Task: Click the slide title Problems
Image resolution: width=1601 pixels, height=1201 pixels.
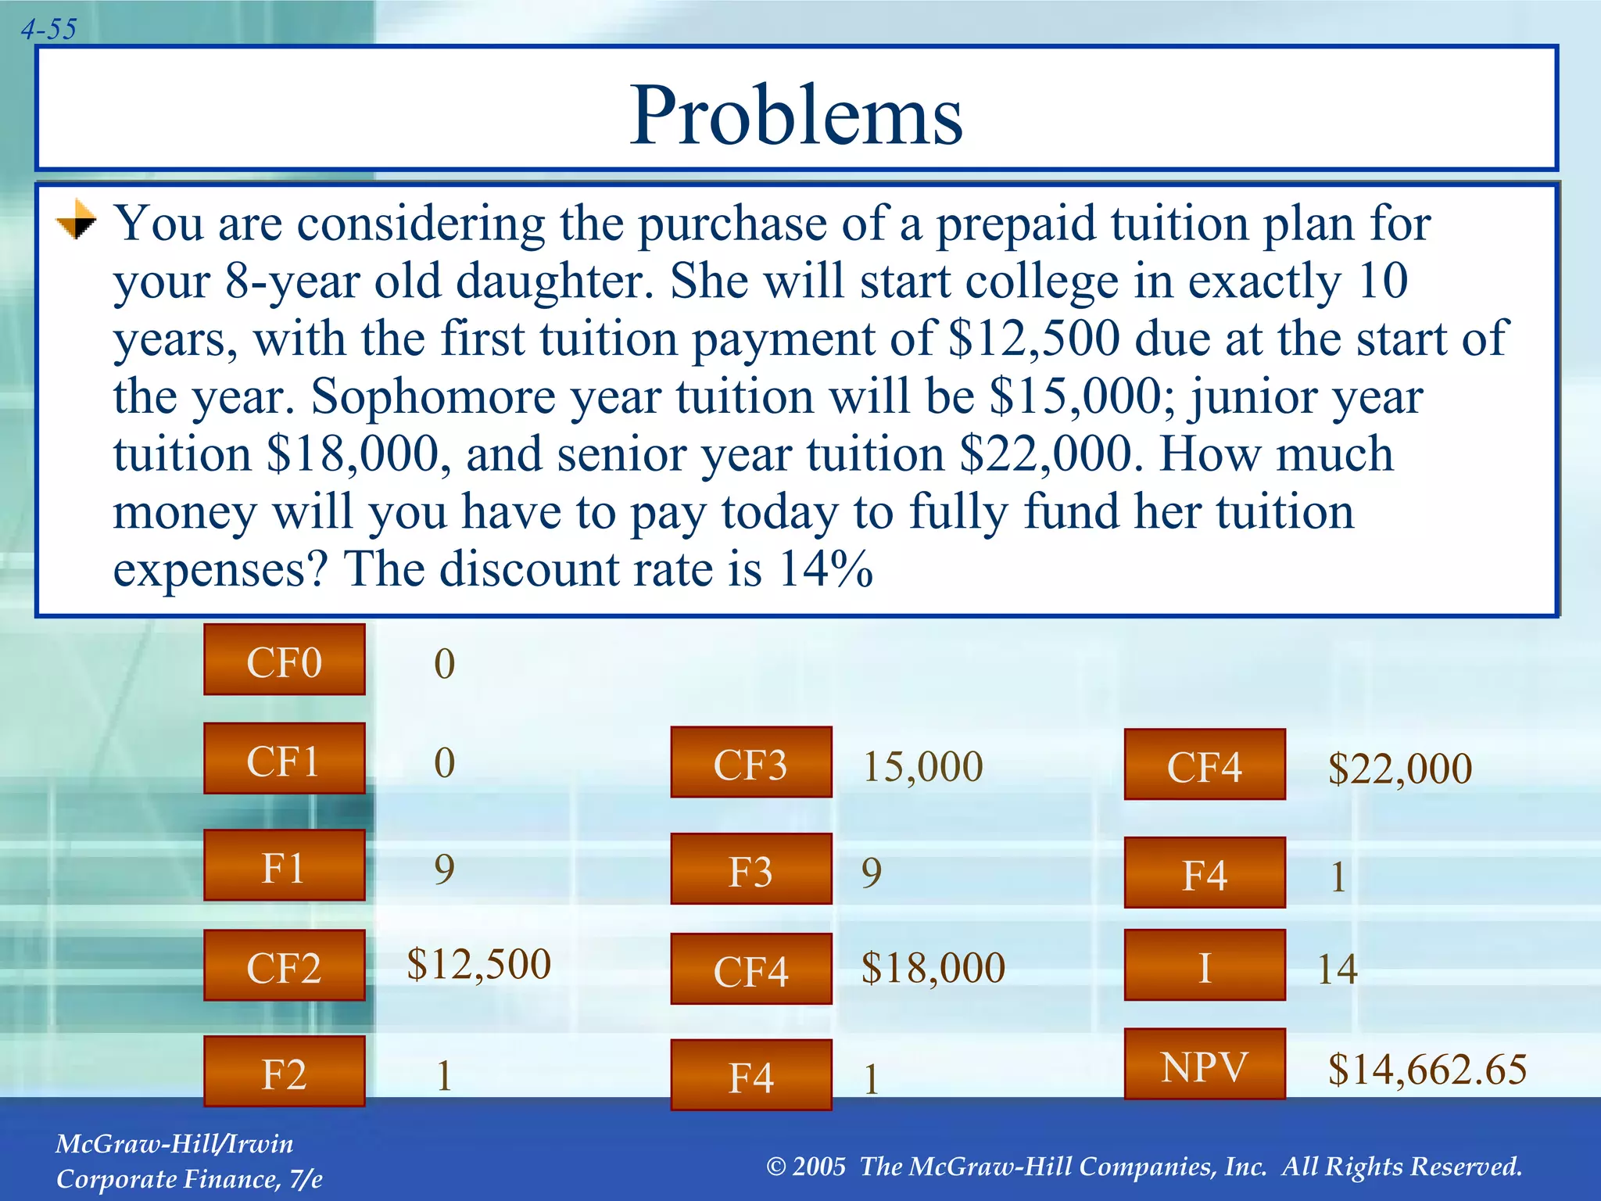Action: click(x=796, y=115)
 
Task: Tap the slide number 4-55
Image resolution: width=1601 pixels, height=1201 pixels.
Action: click(x=48, y=30)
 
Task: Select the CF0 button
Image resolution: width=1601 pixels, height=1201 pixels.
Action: click(x=285, y=660)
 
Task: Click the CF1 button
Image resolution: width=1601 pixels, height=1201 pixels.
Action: click(x=285, y=759)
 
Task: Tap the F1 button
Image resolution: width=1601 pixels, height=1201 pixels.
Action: click(x=285, y=866)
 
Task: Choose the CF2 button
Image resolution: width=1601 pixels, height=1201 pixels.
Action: click(x=285, y=966)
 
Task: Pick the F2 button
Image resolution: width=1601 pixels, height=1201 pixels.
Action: click(x=285, y=1072)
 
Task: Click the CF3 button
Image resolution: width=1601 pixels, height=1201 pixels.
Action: click(x=751, y=762)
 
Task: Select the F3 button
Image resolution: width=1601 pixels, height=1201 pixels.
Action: click(x=751, y=869)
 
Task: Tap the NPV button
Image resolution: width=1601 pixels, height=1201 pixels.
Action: click(x=1205, y=1064)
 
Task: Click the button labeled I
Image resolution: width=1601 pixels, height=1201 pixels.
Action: click(x=1205, y=966)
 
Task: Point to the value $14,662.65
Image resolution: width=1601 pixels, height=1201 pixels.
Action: click(x=1427, y=1070)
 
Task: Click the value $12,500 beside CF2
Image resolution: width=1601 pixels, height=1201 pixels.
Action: click(x=478, y=963)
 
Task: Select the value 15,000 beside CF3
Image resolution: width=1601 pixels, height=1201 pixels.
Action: click(x=922, y=766)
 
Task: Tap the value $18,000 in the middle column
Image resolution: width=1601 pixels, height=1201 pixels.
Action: click(x=933, y=967)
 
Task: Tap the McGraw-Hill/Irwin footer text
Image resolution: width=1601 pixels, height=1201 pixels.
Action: click(x=174, y=1144)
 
